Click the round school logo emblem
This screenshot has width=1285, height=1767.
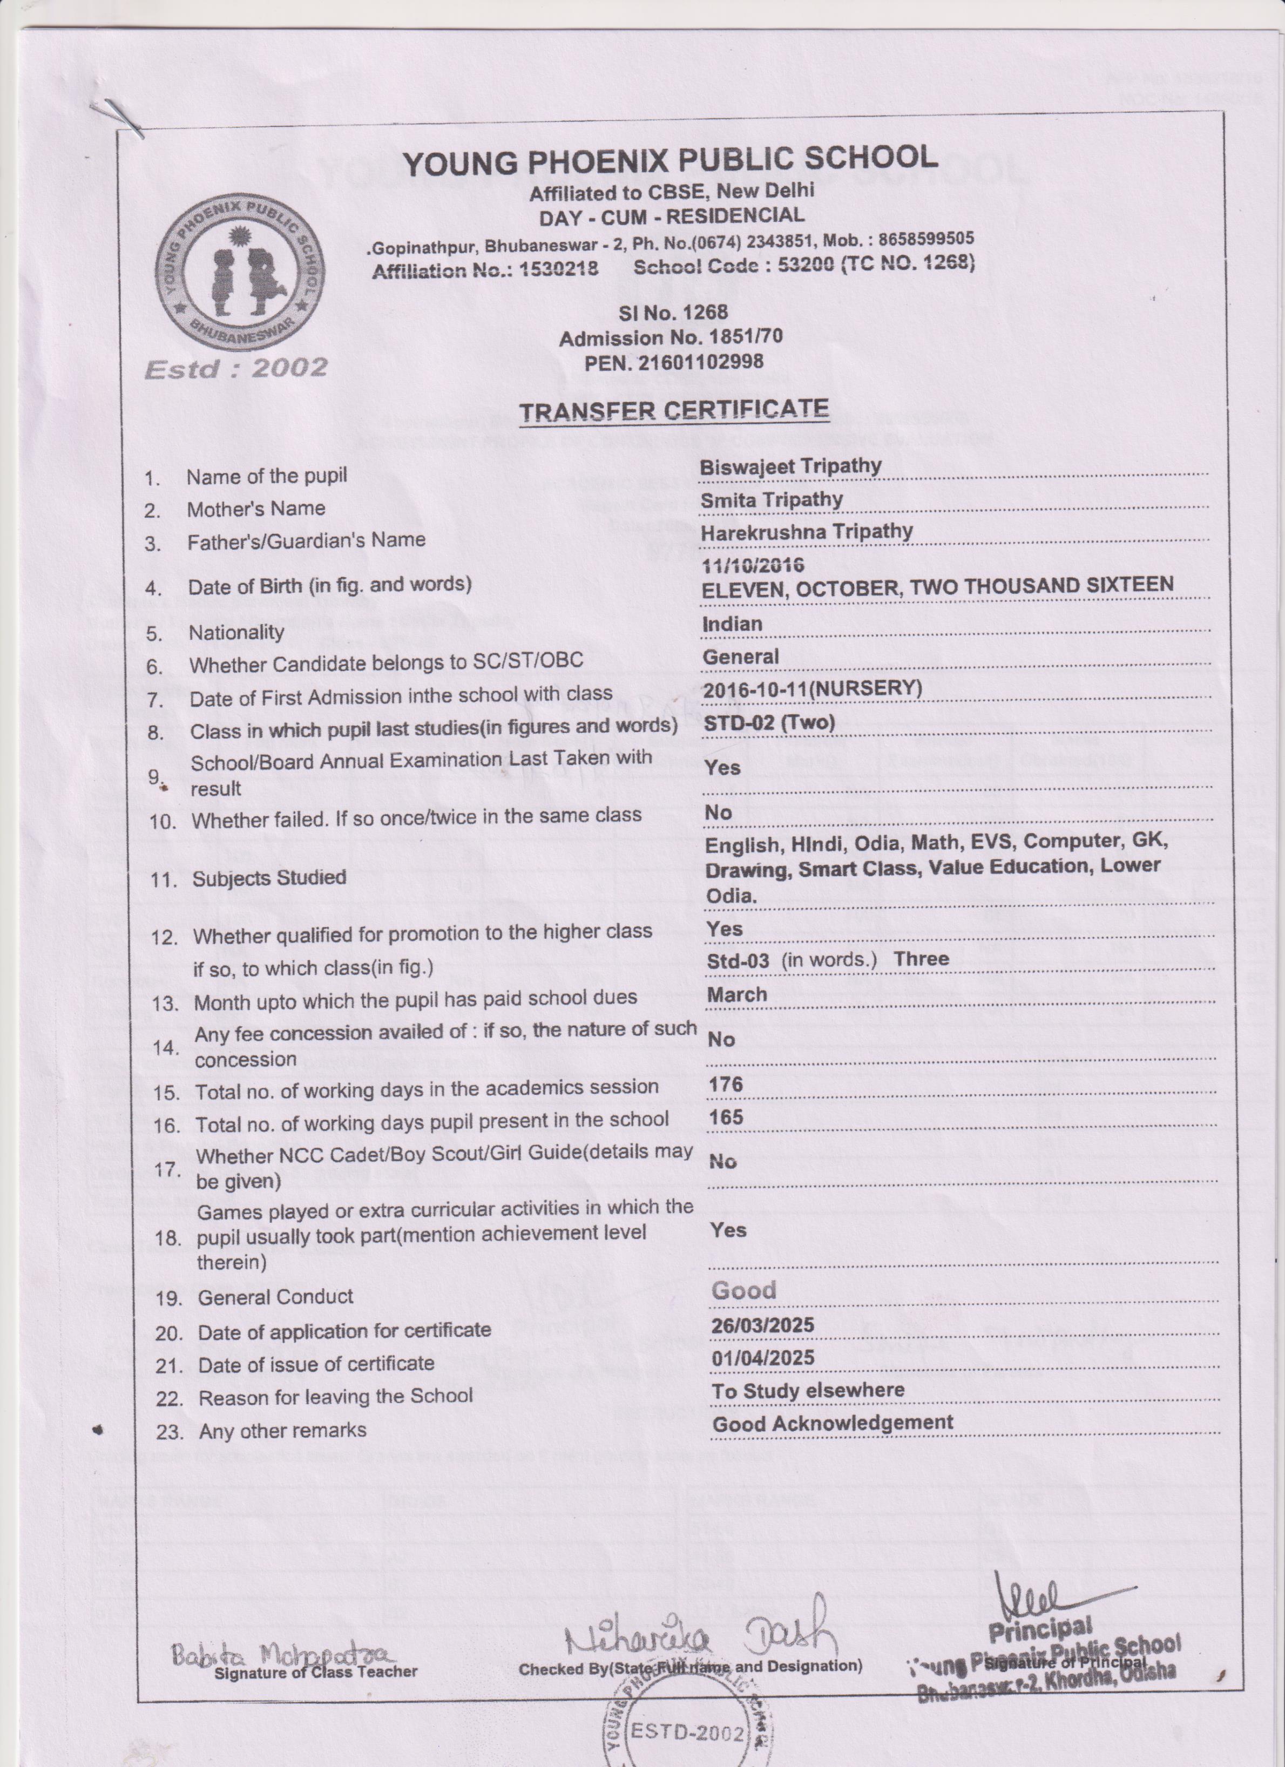click(x=240, y=271)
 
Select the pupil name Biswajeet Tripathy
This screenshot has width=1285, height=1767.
click(x=790, y=466)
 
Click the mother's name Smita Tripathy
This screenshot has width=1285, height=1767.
click(x=772, y=499)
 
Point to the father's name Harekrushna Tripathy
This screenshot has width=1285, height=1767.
click(x=807, y=531)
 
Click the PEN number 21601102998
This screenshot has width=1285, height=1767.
click(x=674, y=362)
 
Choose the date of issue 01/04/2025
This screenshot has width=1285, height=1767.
click(x=763, y=1358)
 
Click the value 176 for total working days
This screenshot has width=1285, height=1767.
click(x=726, y=1085)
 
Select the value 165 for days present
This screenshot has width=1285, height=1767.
click(x=726, y=1117)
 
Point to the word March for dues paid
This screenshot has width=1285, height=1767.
click(x=736, y=995)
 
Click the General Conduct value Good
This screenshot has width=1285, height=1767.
click(x=743, y=1290)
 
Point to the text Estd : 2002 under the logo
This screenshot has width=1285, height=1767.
click(x=236, y=368)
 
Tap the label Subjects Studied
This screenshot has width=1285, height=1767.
click(x=269, y=878)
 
